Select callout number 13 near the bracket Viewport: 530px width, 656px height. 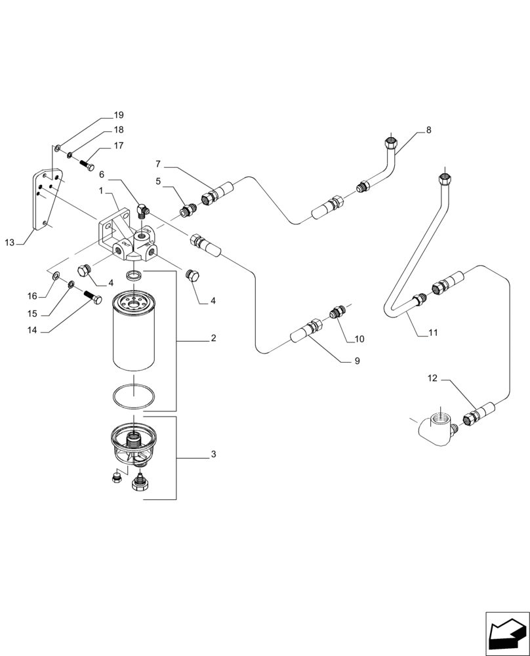click(9, 243)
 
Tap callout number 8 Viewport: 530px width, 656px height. click(428, 130)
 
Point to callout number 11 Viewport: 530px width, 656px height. click(432, 333)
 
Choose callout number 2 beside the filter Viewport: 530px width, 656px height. click(213, 338)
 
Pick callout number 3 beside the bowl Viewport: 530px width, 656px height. click(213, 454)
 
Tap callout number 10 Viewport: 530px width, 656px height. click(359, 339)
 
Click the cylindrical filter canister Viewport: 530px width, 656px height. click(134, 335)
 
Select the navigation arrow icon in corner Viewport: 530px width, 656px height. click(506, 632)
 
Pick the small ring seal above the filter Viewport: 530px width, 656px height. click(134, 274)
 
